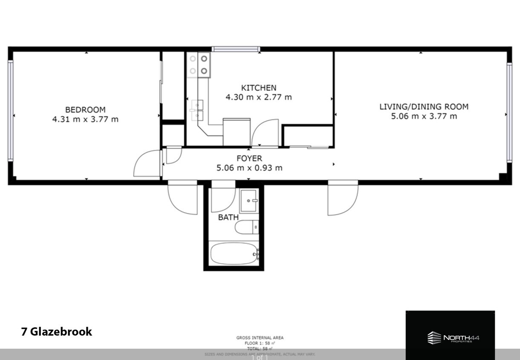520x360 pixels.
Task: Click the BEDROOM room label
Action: [x=85, y=110]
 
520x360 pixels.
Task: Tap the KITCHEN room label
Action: [x=258, y=88]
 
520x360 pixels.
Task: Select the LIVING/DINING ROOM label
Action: [x=424, y=107]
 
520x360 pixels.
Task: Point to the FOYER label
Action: [x=249, y=159]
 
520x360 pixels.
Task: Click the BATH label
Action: [x=228, y=218]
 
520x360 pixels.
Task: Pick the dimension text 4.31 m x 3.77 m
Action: [x=85, y=119]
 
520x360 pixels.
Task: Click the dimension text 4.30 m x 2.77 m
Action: [x=258, y=97]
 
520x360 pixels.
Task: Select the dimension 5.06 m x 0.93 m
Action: [x=249, y=168]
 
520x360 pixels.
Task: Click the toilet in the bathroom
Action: [x=246, y=227]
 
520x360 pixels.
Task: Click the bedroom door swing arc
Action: [x=146, y=164]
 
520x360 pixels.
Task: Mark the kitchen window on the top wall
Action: [x=236, y=49]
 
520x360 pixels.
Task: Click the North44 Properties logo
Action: [x=453, y=338]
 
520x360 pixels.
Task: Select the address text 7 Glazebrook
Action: [x=56, y=332]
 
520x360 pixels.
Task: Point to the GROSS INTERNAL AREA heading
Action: [x=260, y=338]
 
